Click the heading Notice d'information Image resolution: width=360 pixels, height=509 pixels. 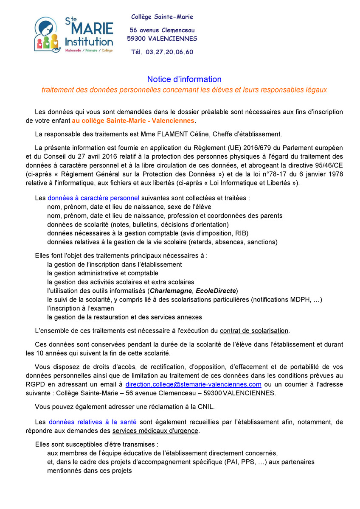184,79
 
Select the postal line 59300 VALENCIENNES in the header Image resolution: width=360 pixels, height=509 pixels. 162,39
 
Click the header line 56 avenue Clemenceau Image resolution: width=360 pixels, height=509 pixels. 162,30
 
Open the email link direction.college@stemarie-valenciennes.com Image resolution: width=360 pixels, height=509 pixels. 193,384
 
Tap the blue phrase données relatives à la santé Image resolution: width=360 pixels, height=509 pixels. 93,422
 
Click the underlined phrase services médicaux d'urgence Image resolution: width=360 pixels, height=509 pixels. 155,431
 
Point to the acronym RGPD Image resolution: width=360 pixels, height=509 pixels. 34,384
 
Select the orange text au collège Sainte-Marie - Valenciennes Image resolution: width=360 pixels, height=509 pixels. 133,121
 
